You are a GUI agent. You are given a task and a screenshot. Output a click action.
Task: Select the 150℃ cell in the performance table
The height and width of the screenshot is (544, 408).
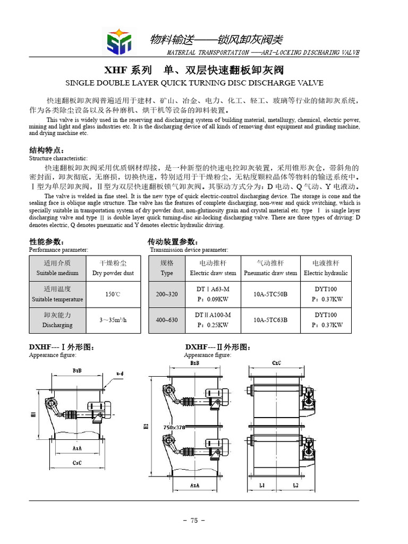tap(113, 294)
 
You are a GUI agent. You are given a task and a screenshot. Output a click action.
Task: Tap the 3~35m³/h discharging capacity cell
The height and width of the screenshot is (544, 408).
tap(113, 320)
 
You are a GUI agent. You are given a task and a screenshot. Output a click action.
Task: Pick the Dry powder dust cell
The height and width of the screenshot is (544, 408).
tap(113, 268)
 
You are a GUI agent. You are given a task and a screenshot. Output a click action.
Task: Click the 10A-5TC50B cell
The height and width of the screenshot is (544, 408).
tap(270, 294)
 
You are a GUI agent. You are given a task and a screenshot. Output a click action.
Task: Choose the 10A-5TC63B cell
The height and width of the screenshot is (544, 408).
tap(270, 320)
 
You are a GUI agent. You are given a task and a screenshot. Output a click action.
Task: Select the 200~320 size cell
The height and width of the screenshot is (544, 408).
tap(167, 294)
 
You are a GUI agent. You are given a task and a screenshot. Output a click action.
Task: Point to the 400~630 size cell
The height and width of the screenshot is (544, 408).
tap(167, 320)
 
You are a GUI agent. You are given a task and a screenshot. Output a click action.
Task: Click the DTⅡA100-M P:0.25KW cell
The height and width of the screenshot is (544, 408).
tap(212, 320)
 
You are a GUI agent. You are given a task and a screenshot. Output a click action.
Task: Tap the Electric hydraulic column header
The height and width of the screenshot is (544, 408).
tap(326, 268)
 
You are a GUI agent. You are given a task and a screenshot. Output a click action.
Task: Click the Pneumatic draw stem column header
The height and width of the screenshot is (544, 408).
tap(270, 268)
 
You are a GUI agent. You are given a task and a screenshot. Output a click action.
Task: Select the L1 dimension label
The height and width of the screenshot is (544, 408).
tap(262, 486)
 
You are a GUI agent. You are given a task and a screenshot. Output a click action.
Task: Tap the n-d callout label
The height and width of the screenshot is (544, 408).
tap(120, 374)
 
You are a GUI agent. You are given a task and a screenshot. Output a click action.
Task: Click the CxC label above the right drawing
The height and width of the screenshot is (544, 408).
tap(276, 363)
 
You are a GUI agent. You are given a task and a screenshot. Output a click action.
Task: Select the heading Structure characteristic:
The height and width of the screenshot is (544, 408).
tap(58, 158)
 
